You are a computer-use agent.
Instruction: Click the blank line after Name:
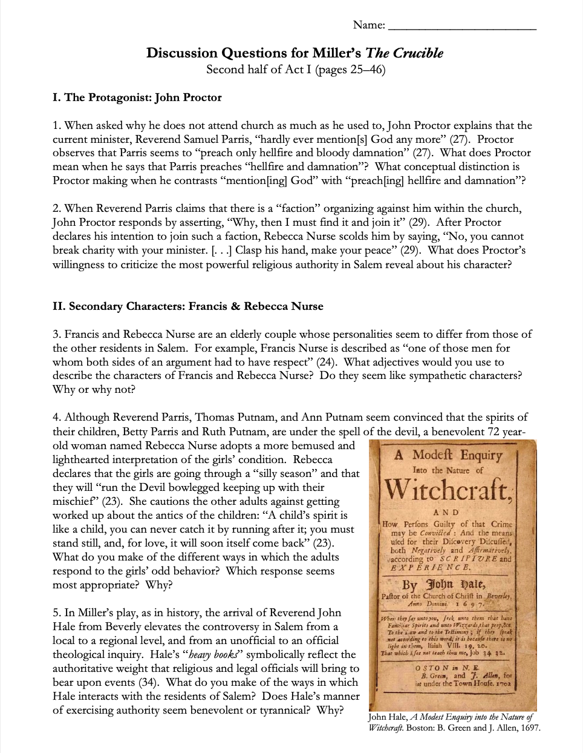pos(461,26)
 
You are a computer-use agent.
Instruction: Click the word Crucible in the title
pos(419,53)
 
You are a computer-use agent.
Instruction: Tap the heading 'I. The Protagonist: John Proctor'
pos(137,97)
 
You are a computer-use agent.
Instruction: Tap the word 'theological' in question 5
pos(82,655)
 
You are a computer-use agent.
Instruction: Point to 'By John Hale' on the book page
pos(446,585)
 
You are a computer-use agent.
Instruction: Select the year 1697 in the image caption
pos(526,728)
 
